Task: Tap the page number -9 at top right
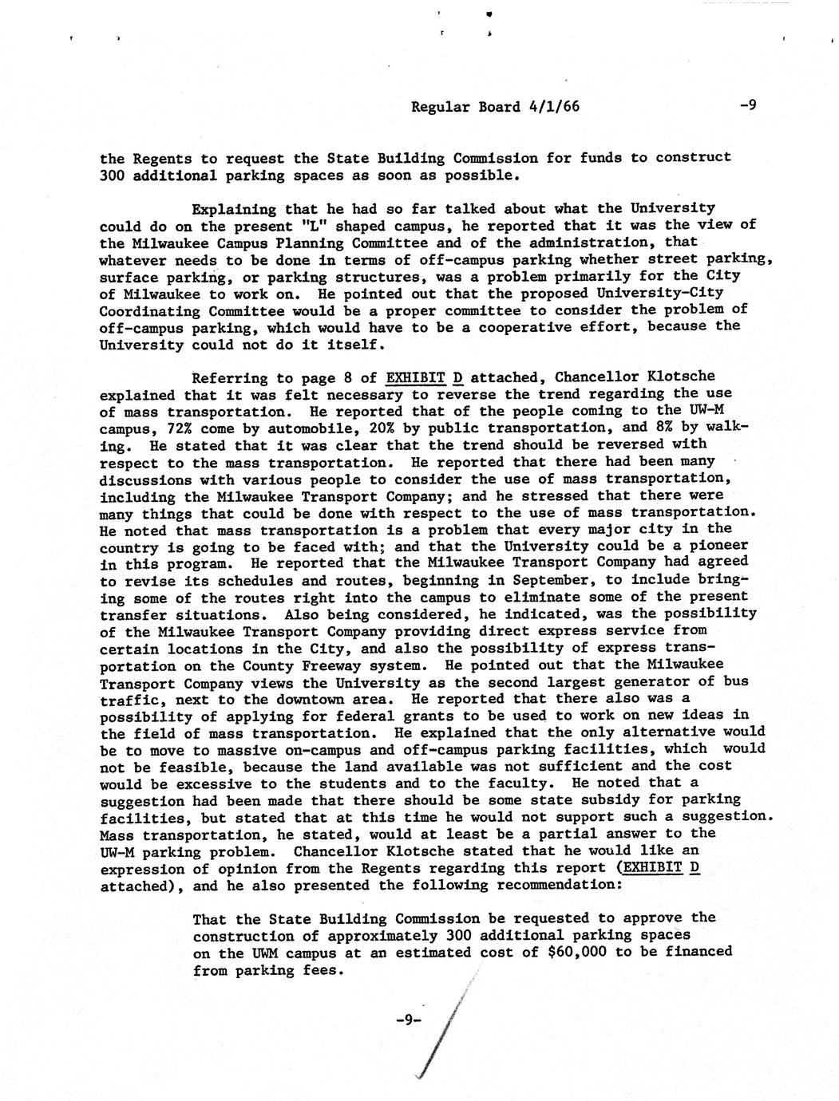click(747, 105)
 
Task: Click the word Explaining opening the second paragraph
click(235, 209)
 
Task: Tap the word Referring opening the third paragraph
click(231, 377)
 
